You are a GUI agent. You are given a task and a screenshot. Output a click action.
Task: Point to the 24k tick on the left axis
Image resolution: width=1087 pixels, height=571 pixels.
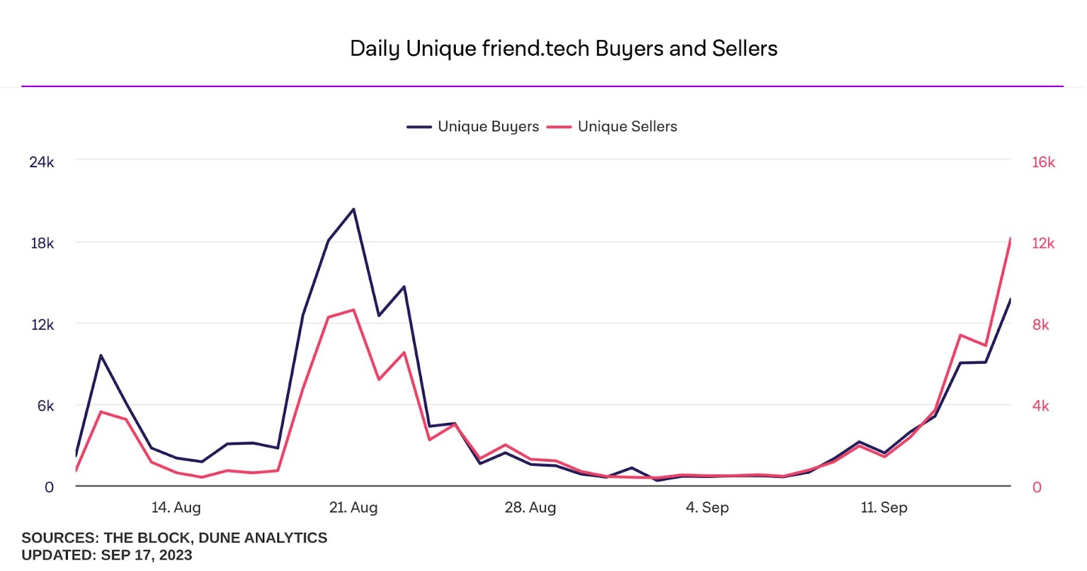(41, 162)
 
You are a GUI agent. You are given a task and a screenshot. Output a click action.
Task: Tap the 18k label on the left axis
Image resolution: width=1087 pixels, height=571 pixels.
(42, 243)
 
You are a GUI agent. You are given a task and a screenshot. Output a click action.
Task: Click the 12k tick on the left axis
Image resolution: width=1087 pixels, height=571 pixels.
(42, 325)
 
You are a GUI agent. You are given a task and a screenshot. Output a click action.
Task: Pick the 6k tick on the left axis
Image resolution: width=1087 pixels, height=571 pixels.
(46, 406)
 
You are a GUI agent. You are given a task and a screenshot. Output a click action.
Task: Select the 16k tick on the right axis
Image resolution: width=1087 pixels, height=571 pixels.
(1043, 162)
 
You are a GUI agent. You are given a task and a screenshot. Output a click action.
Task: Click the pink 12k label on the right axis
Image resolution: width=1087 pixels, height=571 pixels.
(1043, 243)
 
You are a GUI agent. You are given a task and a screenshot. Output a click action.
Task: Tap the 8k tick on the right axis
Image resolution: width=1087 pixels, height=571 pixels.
(1040, 325)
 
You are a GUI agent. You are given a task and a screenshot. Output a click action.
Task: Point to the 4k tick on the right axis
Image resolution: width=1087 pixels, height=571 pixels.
(1040, 406)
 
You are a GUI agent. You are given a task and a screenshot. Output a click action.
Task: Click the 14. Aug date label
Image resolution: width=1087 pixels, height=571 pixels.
(176, 507)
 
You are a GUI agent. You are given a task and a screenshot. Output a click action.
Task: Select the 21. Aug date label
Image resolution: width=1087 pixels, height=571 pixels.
(353, 507)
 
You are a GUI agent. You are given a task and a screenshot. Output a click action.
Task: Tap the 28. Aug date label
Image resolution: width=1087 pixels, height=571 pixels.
(530, 507)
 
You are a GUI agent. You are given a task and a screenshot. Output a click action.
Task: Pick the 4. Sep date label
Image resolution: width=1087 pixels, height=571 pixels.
(707, 507)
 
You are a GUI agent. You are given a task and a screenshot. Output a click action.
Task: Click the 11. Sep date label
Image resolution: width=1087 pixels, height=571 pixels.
(884, 507)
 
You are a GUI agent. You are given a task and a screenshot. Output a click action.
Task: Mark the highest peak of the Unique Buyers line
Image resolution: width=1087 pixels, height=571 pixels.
(353, 209)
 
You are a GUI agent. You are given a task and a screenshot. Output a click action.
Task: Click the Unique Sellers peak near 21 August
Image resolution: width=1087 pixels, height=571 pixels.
(353, 310)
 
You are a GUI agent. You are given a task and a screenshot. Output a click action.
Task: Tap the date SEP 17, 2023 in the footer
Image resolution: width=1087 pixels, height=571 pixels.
(146, 555)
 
